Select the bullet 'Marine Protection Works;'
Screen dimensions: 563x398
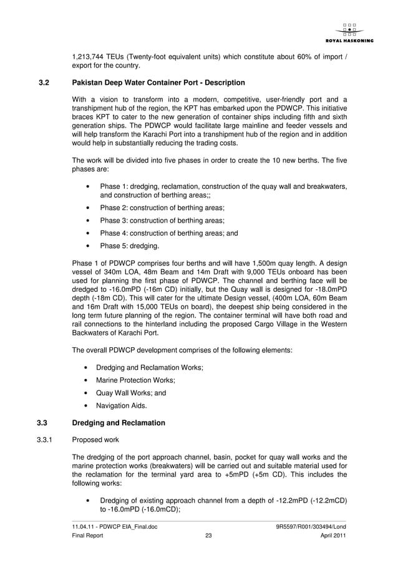[135, 380]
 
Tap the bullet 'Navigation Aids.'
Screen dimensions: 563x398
[122, 406]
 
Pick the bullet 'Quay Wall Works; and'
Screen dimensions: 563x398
[131, 393]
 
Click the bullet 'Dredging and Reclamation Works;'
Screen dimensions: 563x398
[148, 367]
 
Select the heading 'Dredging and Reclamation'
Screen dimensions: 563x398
[119, 423]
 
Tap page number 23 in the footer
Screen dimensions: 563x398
[209, 536]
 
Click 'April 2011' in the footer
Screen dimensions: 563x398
[333, 536]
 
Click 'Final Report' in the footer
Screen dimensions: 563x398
[89, 536]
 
